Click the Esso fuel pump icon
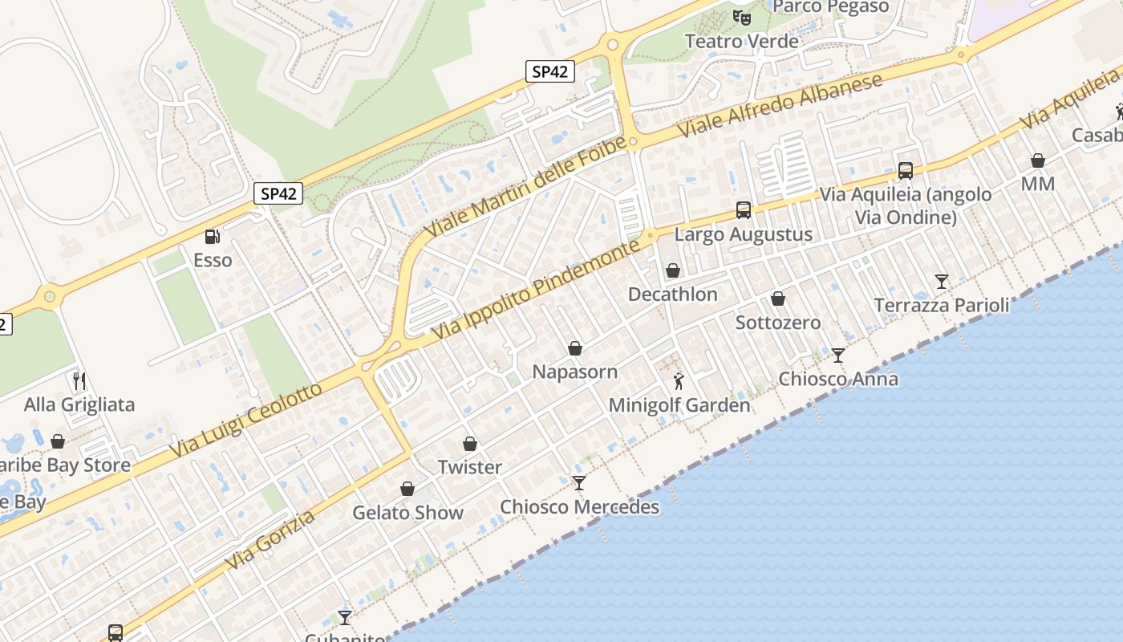pyautogui.click(x=212, y=236)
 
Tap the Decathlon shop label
pyautogui.click(x=672, y=295)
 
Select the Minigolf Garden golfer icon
pyautogui.click(x=679, y=381)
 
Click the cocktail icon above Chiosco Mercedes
pyautogui.click(x=579, y=482)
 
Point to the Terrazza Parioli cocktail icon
pyautogui.click(x=942, y=282)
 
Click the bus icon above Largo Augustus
pyautogui.click(x=744, y=210)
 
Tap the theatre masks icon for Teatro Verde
pyautogui.click(x=742, y=17)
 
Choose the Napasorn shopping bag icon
pyautogui.click(x=575, y=348)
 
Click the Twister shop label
pyautogui.click(x=470, y=467)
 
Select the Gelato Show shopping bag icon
pyautogui.click(x=407, y=489)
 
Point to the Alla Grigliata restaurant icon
pyautogui.click(x=79, y=380)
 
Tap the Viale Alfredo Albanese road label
pyautogui.click(x=780, y=104)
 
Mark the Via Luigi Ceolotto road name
pyautogui.click(x=245, y=422)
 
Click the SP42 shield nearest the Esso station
pyautogui.click(x=278, y=193)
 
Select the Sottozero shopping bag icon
pyautogui.click(x=778, y=299)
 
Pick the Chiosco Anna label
pyautogui.click(x=838, y=379)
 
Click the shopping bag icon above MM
pyautogui.click(x=1038, y=160)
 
